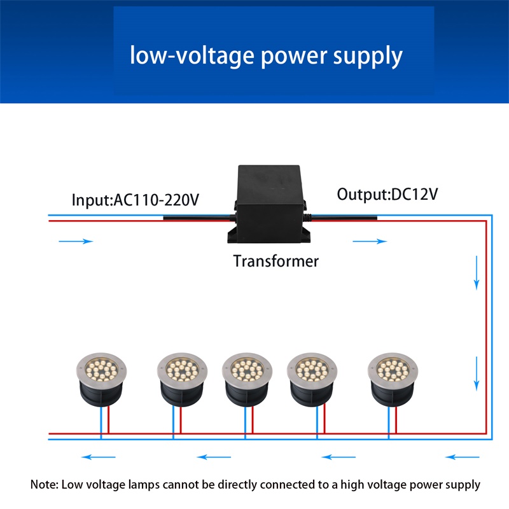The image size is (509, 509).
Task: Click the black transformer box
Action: [x=268, y=204]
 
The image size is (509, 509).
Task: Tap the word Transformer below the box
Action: [x=276, y=261]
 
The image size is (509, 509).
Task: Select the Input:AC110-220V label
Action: [x=135, y=200]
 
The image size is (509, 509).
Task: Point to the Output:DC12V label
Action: [x=387, y=194]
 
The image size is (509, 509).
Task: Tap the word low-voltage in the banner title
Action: [x=192, y=55]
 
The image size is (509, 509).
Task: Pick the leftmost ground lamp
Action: [x=101, y=379]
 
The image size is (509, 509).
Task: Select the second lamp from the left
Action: [x=182, y=379]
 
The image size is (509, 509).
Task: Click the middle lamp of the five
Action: [x=247, y=379]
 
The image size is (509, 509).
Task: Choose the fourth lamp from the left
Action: [x=312, y=379]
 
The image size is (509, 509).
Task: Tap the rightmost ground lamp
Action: [x=393, y=379]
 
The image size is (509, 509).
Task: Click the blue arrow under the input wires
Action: [x=76, y=241]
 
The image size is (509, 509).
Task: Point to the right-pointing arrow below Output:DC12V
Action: [x=370, y=241]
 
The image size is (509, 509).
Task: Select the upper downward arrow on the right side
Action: [x=477, y=273]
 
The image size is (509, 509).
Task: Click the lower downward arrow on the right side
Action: [x=477, y=373]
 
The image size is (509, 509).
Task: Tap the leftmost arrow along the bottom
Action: [x=99, y=457]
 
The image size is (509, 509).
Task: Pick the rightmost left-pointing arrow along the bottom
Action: [x=463, y=457]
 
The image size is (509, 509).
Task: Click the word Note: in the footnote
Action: [x=44, y=485]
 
